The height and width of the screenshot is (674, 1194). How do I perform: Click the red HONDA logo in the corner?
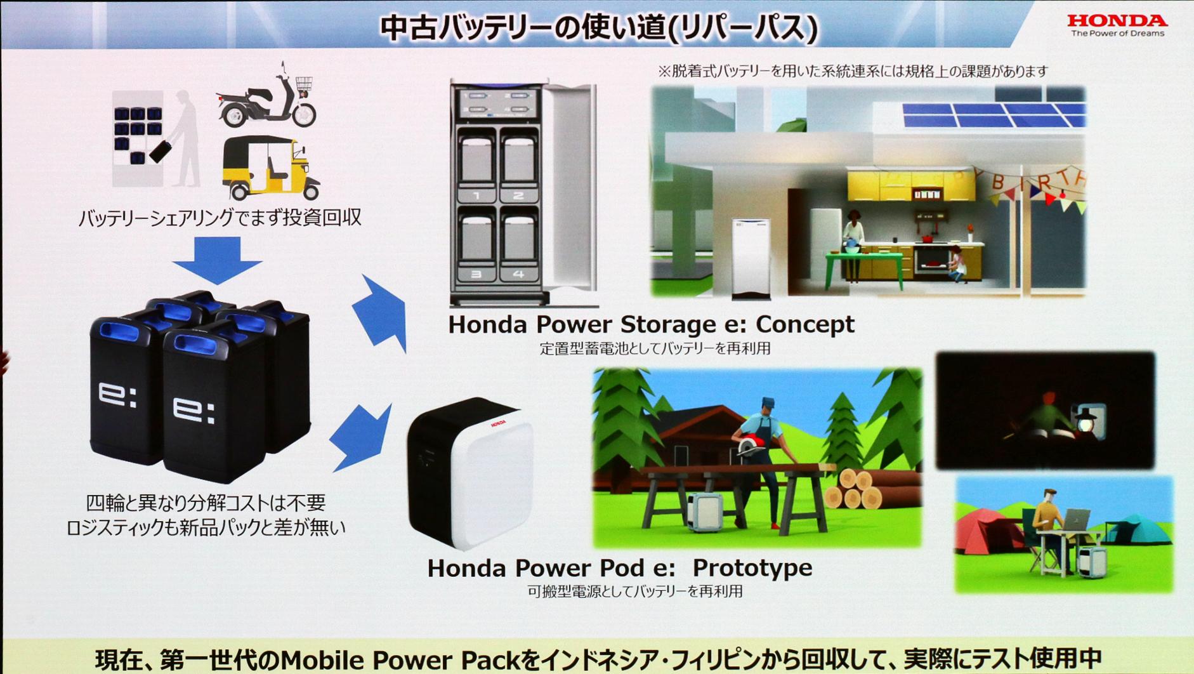click(x=1117, y=20)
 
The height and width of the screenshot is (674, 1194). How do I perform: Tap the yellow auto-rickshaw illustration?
click(x=271, y=168)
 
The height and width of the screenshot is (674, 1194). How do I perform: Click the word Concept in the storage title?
click(x=805, y=324)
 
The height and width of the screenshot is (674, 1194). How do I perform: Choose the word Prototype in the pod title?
click(x=752, y=567)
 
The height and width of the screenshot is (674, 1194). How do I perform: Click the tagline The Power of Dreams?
click(x=1117, y=34)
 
